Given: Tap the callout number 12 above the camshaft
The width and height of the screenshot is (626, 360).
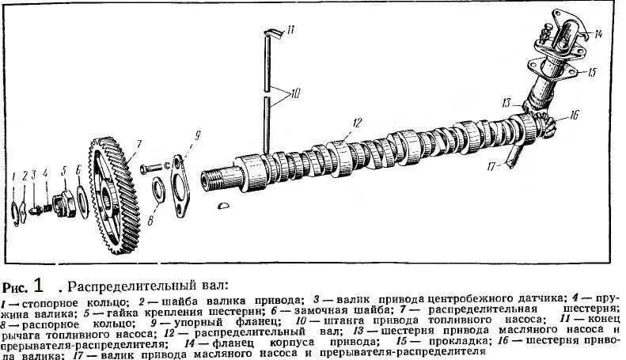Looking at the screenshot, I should click(357, 122).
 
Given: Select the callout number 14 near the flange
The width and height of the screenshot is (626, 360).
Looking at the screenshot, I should click(599, 34).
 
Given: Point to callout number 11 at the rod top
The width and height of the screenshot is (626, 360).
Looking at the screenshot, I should click(290, 30).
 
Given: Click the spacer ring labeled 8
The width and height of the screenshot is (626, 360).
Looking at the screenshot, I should click(157, 190).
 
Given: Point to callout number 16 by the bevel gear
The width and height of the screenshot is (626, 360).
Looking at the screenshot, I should click(573, 116).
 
